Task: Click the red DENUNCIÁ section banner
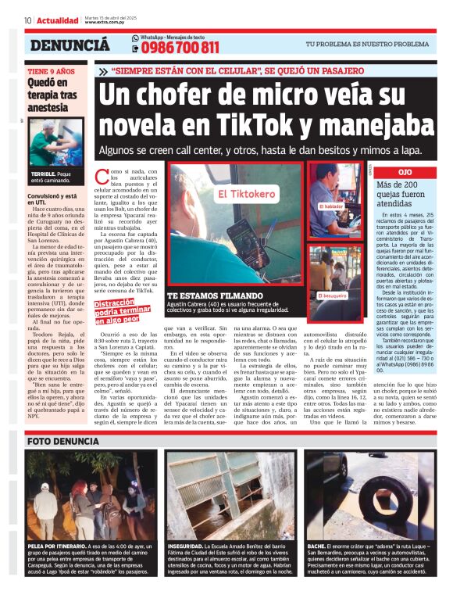point(70,46)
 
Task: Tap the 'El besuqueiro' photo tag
point(334,274)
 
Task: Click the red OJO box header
point(405,171)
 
